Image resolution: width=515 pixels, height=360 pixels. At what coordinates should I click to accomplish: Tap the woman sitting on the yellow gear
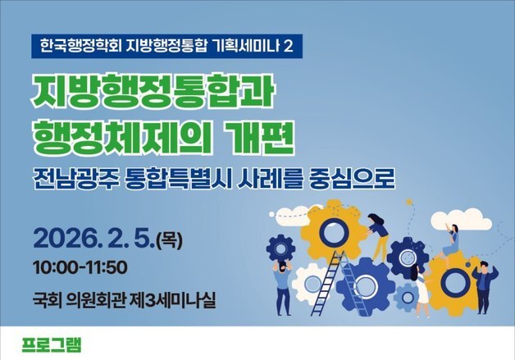point(449,237)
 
